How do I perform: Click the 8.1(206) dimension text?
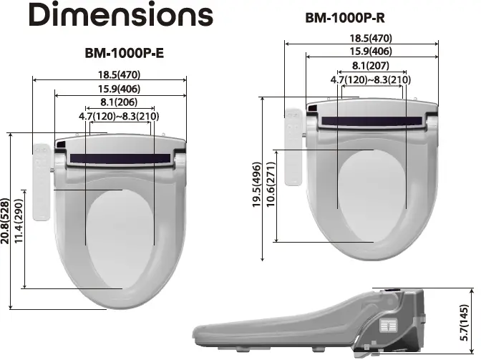click(x=120, y=102)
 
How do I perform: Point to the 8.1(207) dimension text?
click(x=371, y=66)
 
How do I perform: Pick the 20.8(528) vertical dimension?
click(x=6, y=222)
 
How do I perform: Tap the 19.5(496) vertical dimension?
click(x=257, y=185)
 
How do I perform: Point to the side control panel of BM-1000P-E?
click(x=42, y=179)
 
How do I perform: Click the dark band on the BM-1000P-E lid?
click(x=120, y=157)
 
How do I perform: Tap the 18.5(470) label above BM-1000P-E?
click(x=120, y=75)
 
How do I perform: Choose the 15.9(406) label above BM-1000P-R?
click(x=371, y=52)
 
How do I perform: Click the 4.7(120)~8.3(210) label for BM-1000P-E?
click(x=119, y=116)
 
